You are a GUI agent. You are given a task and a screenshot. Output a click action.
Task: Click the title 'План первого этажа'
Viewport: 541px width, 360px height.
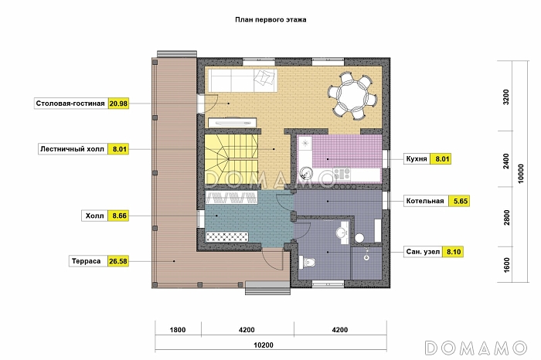point(270,19)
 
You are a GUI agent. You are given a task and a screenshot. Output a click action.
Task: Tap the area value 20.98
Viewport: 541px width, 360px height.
point(118,104)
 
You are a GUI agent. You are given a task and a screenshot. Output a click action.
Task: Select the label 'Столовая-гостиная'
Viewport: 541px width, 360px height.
point(70,104)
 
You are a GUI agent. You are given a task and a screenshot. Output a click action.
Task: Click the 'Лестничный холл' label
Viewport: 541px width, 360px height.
point(72,149)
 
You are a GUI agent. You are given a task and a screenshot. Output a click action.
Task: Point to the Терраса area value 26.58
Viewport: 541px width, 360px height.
point(118,261)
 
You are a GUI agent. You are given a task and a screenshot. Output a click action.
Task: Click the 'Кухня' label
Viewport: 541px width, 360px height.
point(417,159)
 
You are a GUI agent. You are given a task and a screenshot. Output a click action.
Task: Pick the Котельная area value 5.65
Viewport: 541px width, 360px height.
point(461,201)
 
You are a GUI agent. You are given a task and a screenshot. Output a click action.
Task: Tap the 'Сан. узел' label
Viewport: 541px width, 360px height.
point(423,252)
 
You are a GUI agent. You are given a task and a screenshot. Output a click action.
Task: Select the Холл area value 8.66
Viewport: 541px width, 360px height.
point(119,216)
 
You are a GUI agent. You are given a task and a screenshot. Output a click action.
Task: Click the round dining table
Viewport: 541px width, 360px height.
point(352,95)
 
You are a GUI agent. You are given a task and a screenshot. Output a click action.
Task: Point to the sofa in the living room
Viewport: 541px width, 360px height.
point(243,80)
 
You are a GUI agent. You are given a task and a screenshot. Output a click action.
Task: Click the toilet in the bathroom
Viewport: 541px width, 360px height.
point(308,263)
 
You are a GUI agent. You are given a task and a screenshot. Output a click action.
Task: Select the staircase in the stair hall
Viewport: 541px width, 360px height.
point(231,160)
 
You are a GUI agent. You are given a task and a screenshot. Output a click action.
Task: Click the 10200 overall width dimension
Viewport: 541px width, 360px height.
point(264,345)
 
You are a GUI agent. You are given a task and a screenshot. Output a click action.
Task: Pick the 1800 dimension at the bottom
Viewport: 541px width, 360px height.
point(178,330)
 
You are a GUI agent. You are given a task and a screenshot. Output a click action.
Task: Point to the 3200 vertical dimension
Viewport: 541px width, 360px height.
point(505,97)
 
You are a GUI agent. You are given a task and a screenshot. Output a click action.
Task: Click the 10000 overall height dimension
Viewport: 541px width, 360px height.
point(521,174)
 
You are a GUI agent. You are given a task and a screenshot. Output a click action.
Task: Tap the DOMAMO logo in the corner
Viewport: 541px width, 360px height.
point(476,348)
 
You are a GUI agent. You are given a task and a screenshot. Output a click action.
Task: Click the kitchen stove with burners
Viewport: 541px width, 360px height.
point(342,174)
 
